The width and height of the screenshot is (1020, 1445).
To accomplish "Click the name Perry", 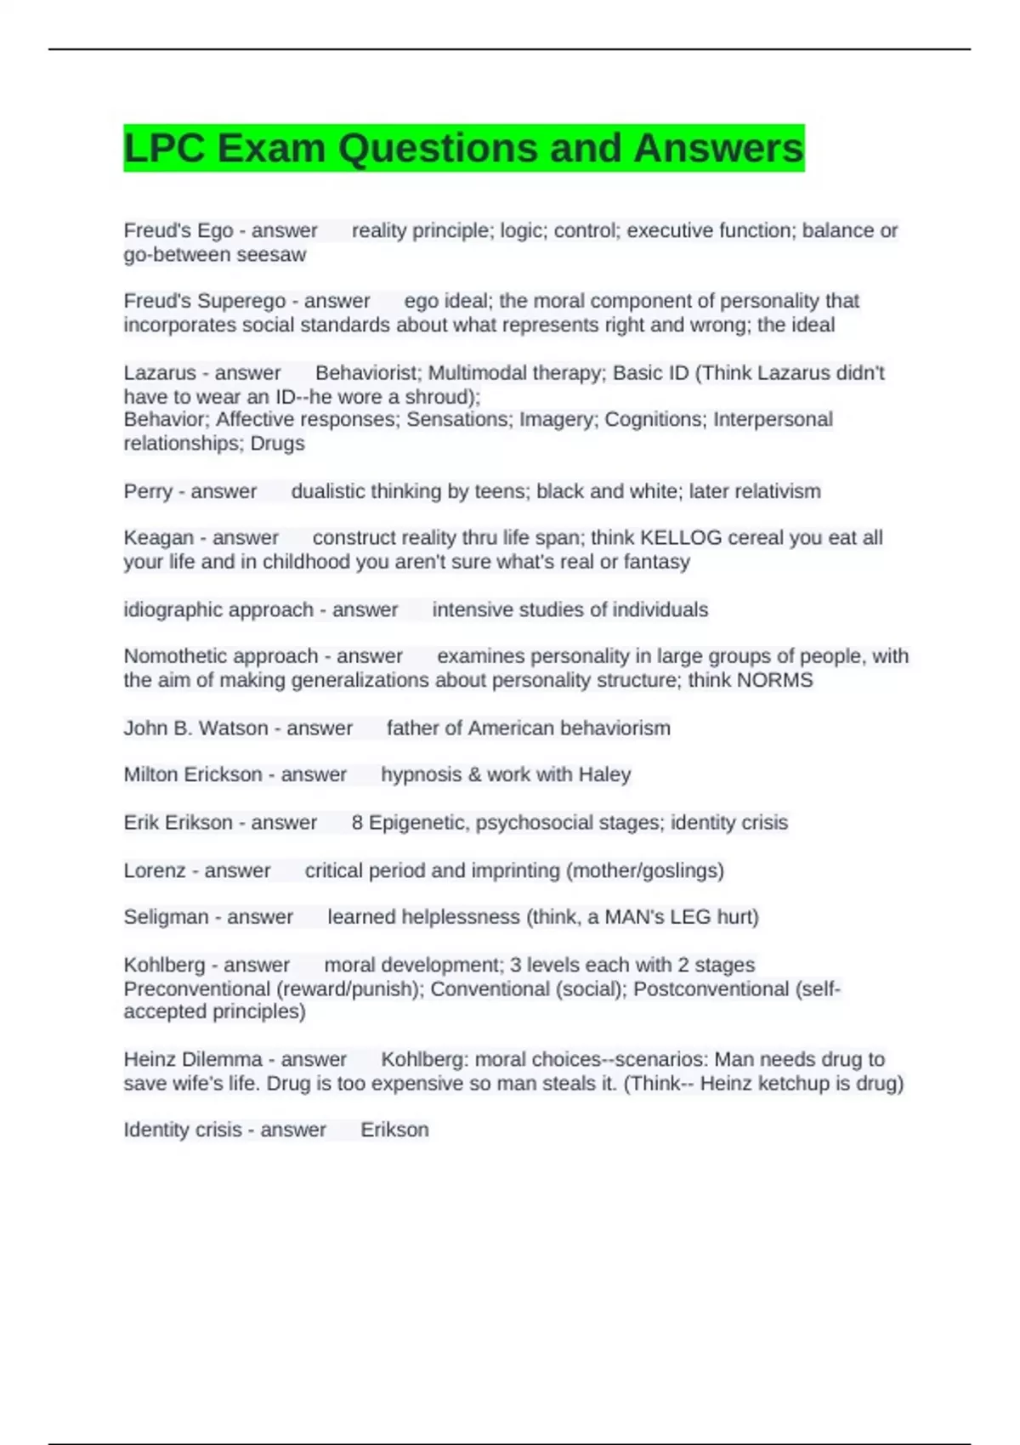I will click(148, 491).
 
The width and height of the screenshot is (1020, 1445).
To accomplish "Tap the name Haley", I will click(604, 775).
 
